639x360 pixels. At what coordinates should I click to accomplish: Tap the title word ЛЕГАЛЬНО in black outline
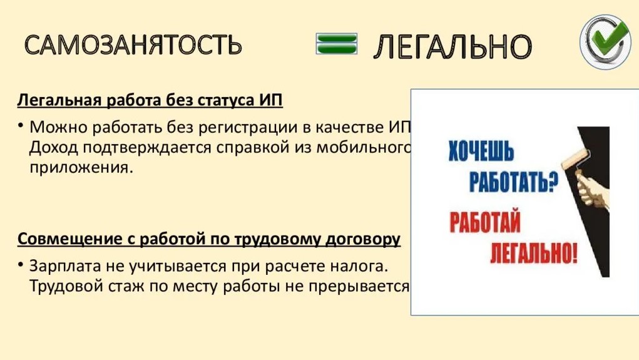coord(452,46)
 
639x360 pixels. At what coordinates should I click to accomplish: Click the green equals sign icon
coord(337,44)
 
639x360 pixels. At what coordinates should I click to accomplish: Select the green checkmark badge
coord(605,42)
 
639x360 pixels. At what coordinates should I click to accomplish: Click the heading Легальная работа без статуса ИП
coord(150,100)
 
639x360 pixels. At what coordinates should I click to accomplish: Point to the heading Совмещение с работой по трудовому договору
coord(208,239)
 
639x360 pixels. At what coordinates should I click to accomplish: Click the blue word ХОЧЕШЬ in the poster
coord(481,151)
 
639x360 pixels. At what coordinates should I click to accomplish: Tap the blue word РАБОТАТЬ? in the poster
coord(513,182)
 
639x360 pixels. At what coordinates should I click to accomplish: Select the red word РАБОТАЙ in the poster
coord(485,222)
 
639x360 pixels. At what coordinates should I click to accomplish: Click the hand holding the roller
coord(593,190)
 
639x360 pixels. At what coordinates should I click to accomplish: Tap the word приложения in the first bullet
coord(81,168)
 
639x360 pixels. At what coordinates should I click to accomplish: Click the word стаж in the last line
coord(126,286)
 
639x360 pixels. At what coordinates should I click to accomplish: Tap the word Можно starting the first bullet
coord(58,128)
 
